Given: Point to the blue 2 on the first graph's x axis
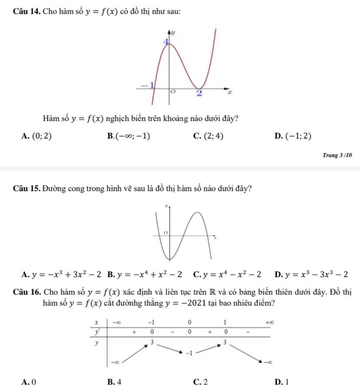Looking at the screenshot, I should pos(199,93).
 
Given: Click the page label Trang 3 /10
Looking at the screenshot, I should pos(337,155).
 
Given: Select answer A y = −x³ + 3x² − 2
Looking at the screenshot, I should pos(62,274).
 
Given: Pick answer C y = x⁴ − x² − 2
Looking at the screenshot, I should pos(227,274).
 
